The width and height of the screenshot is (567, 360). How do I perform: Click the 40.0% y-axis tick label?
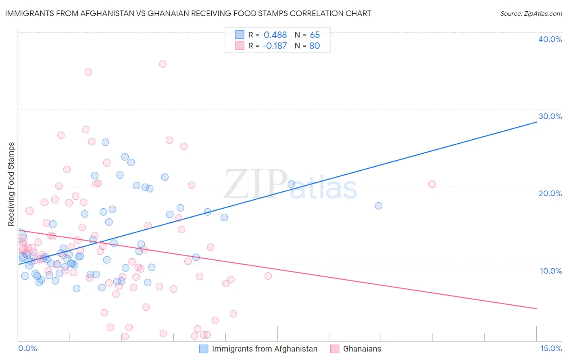point(550,39)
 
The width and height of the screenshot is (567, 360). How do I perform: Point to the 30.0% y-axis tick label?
point(550,116)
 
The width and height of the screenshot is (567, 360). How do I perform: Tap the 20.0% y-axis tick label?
point(550,193)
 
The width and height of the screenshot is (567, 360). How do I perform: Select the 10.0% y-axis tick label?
point(551,271)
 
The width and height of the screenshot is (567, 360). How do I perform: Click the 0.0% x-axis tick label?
point(27,348)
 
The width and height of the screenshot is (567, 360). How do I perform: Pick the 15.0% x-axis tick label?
point(551,348)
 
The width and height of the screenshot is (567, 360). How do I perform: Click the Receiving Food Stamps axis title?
point(11,184)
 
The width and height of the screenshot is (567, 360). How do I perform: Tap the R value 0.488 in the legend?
point(275,35)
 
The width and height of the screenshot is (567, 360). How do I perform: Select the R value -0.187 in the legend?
point(274,46)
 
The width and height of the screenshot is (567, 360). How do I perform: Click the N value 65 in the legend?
point(315,35)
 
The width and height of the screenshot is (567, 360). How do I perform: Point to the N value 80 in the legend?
point(315,46)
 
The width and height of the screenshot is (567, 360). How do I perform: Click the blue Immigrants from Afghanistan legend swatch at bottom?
point(204,349)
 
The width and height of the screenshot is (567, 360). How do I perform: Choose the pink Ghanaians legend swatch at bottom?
point(335,349)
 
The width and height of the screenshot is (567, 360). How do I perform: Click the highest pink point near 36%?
point(163,64)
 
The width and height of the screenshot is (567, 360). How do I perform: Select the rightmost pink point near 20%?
point(432,184)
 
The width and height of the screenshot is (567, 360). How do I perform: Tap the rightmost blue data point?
point(378,206)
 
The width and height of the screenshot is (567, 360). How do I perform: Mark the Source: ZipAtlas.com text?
point(531,14)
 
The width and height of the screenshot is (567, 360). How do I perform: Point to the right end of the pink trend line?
point(536,308)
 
